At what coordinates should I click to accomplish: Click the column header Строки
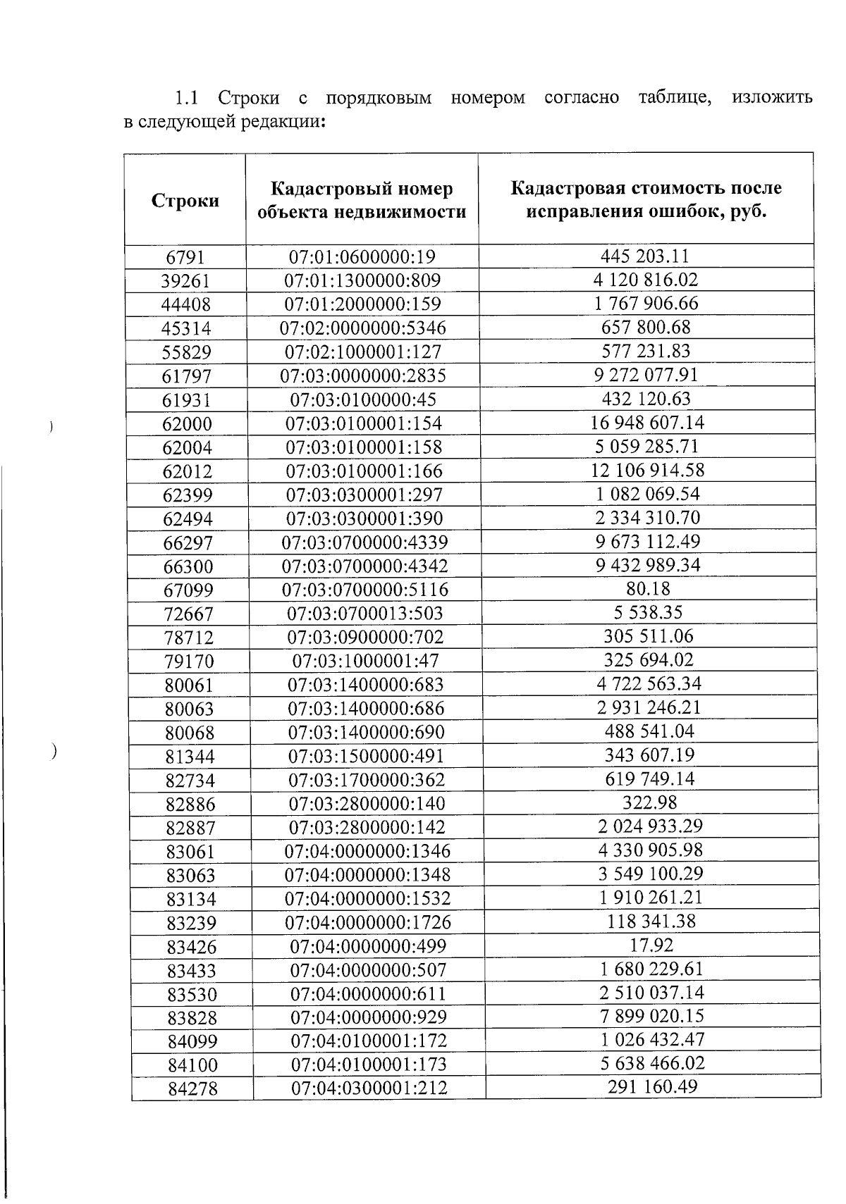coord(185,201)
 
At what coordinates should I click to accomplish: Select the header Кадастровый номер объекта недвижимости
coord(362,200)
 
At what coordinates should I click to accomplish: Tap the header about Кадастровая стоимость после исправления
coord(646,200)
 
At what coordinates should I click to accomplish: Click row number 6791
coord(185,257)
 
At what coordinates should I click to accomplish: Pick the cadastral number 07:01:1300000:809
coord(362,281)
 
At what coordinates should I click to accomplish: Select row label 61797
coord(187,376)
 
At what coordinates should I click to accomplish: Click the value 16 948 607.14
coord(646,423)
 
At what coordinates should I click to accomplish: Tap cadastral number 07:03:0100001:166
coord(364,471)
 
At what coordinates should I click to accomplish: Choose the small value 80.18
coord(647,588)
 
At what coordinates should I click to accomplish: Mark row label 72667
coord(188,614)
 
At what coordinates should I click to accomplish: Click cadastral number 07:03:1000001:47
coord(365,661)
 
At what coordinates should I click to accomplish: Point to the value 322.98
coord(649,802)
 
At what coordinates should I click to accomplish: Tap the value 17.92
coord(651,945)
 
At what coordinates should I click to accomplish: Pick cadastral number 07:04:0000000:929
coord(369,1017)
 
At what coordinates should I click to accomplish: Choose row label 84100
coord(192,1065)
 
